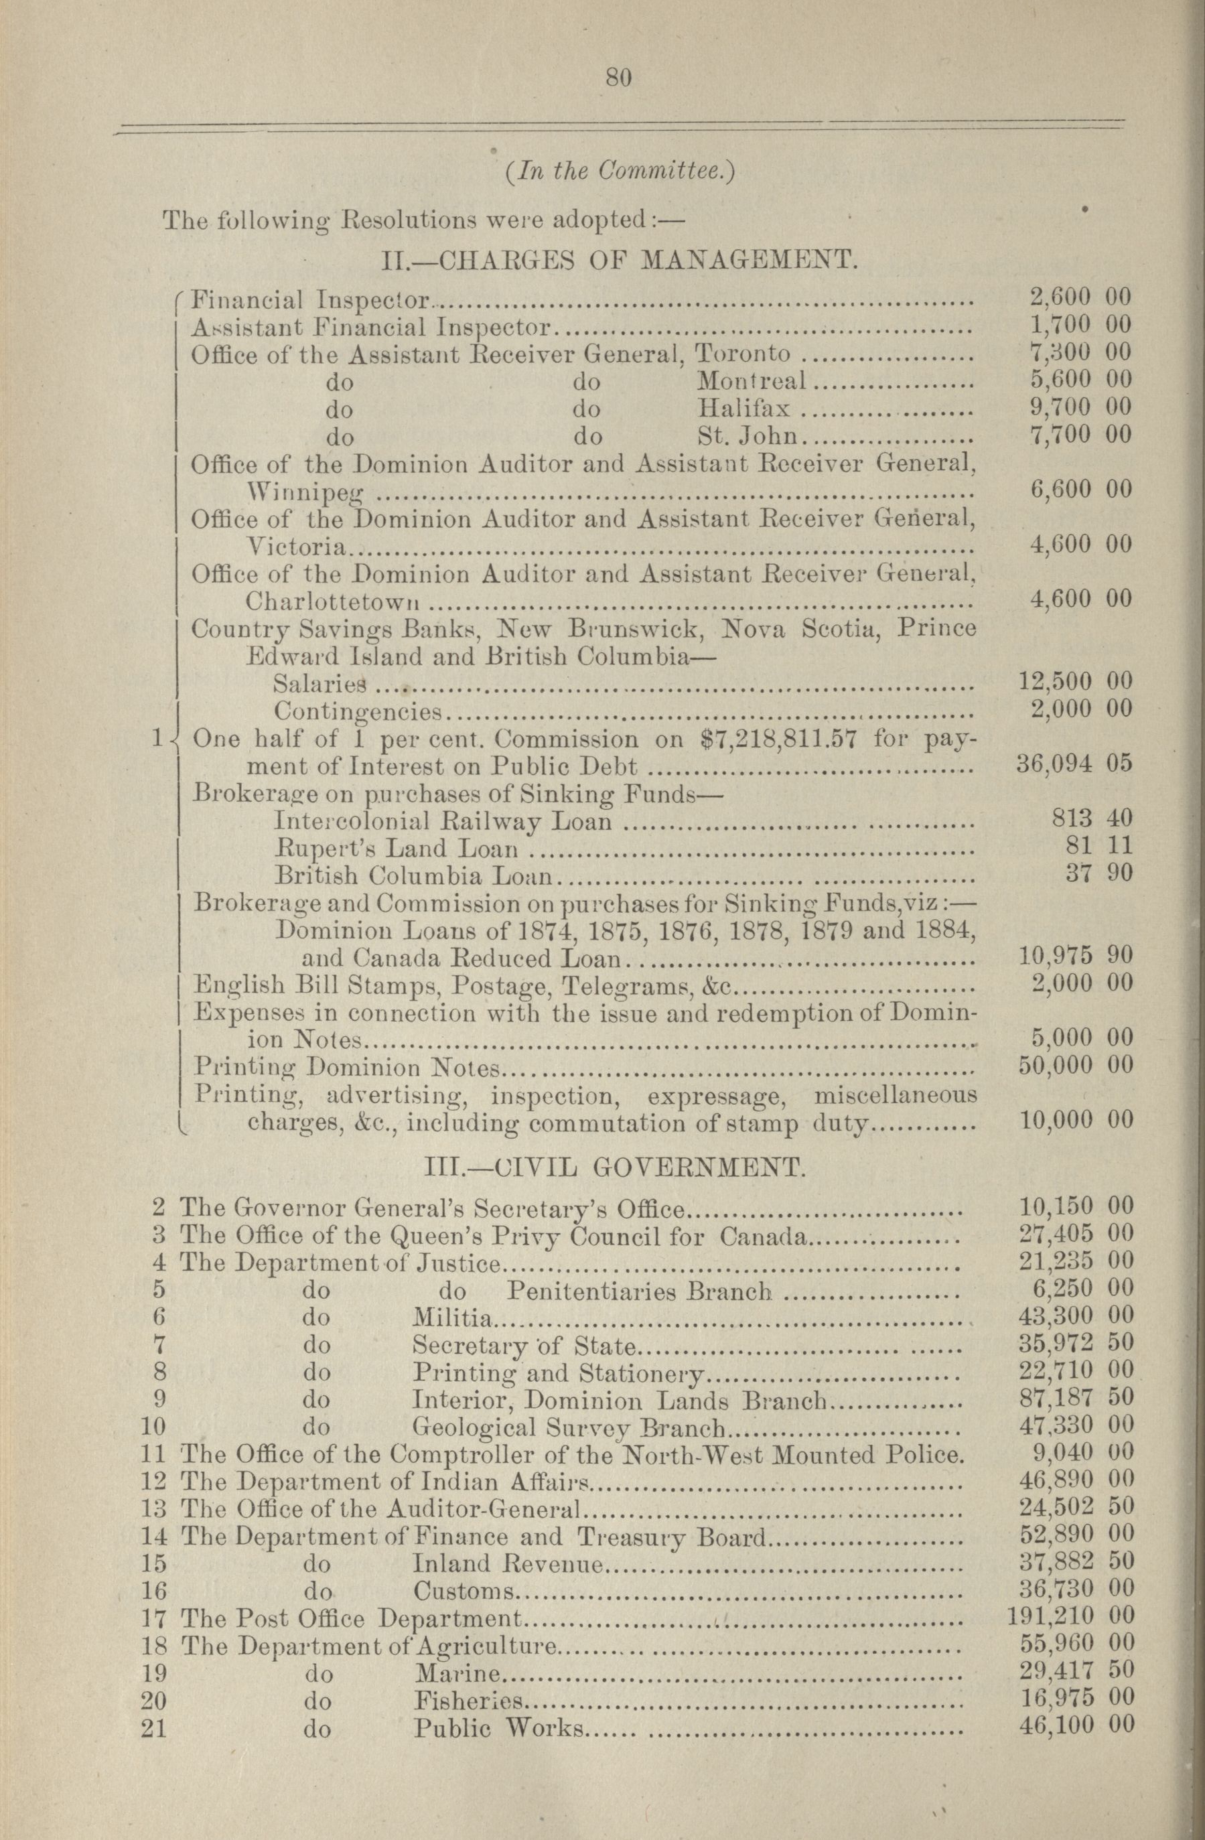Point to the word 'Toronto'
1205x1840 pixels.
(743, 354)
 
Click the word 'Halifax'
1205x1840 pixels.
(743, 407)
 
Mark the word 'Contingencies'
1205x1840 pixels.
(357, 711)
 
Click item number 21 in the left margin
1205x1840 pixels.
(155, 1725)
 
